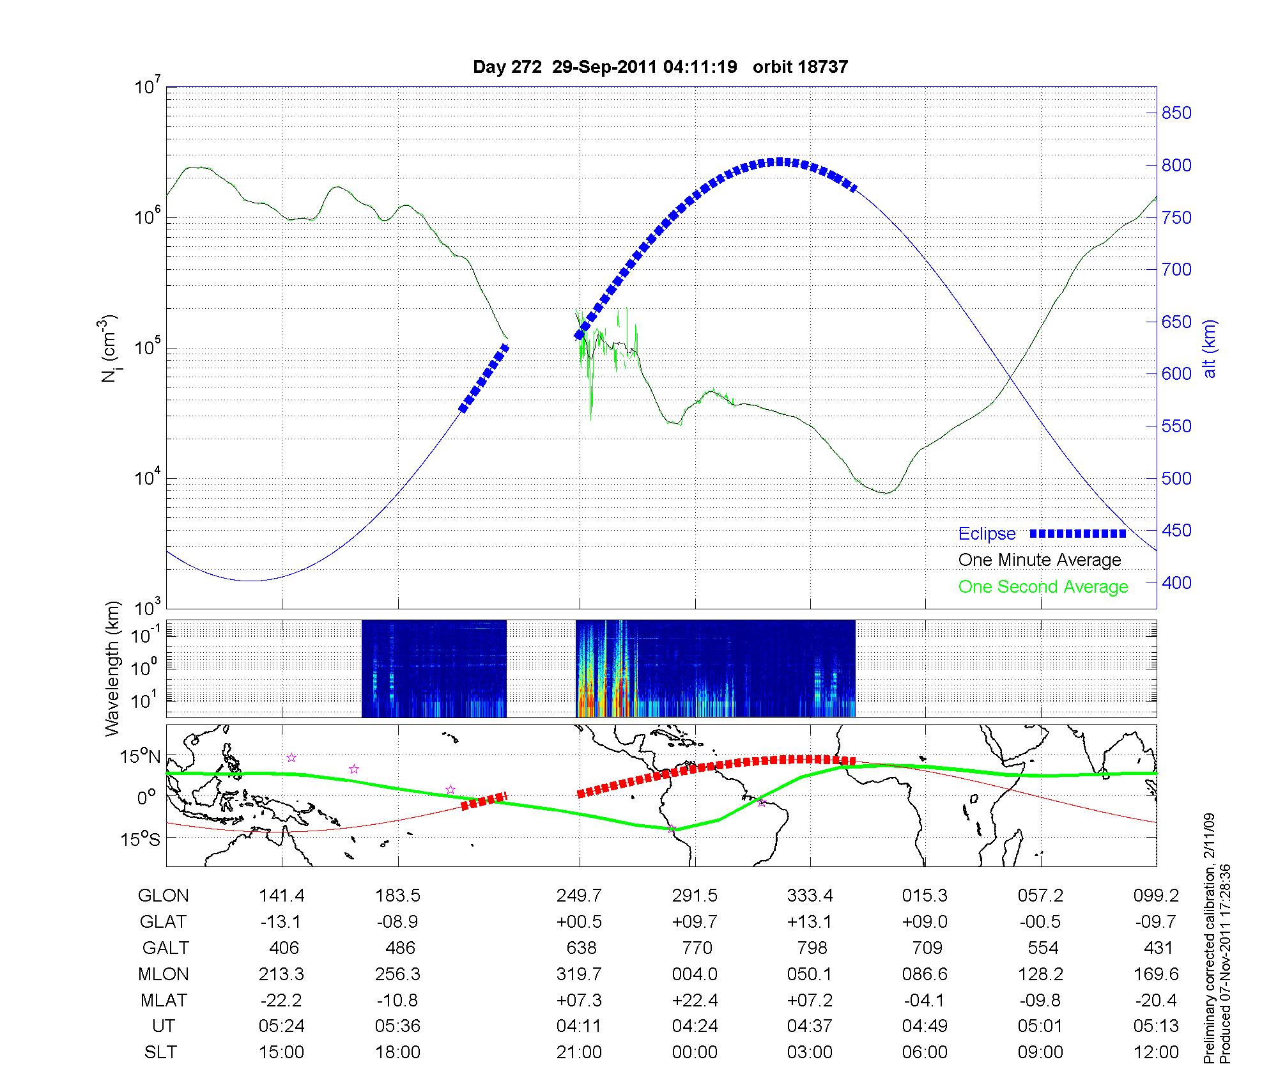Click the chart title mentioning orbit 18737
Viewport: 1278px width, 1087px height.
point(660,67)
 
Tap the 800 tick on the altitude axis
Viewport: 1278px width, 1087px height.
point(1176,166)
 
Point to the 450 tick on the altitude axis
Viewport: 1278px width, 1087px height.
point(1176,531)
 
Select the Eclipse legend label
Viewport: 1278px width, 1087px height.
point(987,534)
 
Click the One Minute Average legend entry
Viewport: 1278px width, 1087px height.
point(1040,560)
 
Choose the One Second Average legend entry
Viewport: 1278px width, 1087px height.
point(1043,587)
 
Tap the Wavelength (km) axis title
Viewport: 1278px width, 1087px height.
point(113,668)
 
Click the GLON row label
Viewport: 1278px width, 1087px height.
point(164,896)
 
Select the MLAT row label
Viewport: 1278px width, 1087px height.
point(164,1000)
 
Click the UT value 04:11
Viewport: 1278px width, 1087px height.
point(579,1026)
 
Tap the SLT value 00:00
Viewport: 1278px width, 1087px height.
point(695,1052)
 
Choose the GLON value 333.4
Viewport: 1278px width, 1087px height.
point(810,896)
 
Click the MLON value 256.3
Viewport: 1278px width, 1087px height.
point(397,974)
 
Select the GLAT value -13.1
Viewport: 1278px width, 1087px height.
point(282,922)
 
